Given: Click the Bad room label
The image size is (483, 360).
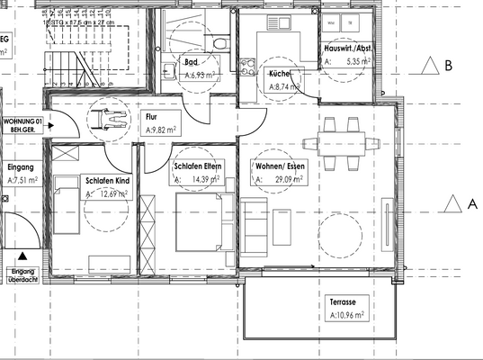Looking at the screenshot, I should [x=192, y=63].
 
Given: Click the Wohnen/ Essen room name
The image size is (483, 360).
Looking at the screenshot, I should [x=282, y=166].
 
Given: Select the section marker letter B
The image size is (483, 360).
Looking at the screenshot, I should [x=447, y=65].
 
